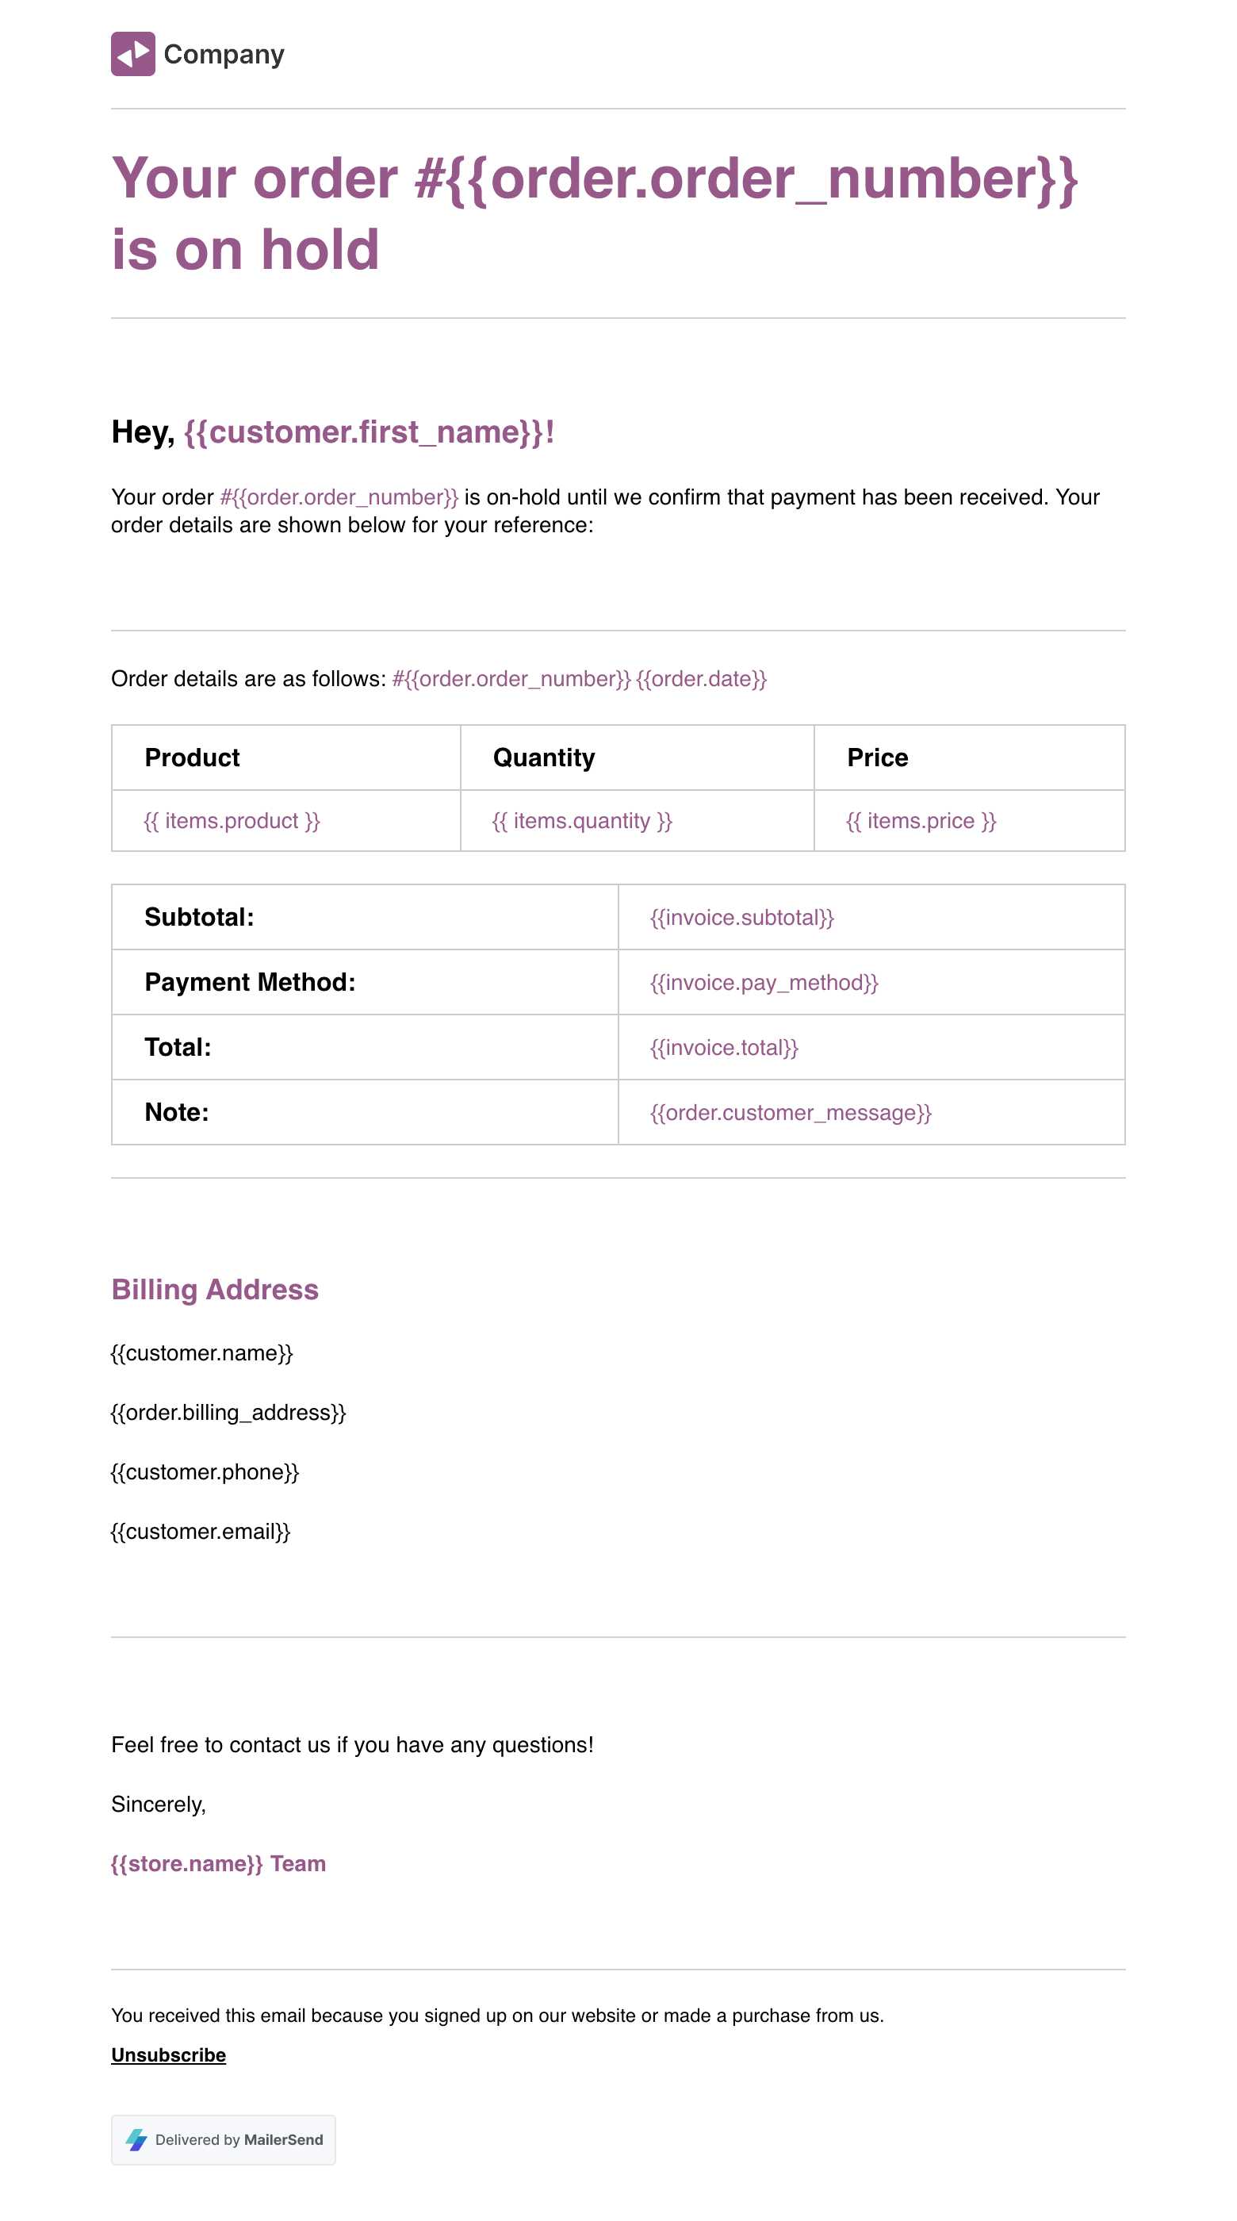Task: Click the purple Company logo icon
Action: coord(132,54)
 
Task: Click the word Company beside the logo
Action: coord(224,54)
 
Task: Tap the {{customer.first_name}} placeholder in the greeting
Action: coord(368,432)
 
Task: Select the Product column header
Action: coord(192,757)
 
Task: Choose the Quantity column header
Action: coord(543,757)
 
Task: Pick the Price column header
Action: coord(877,757)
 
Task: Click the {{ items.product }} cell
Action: coord(232,821)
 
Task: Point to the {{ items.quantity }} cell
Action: coord(582,821)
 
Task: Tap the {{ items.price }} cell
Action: coord(921,821)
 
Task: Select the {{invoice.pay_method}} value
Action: coord(764,982)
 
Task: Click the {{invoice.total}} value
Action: coord(724,1047)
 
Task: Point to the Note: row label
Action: coord(177,1111)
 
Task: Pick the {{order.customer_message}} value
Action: coord(791,1112)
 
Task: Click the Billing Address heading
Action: coord(215,1289)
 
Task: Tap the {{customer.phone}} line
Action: coord(205,1471)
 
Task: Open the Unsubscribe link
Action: coord(168,2054)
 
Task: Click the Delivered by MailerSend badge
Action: coord(224,2139)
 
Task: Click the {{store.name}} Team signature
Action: coord(218,1863)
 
